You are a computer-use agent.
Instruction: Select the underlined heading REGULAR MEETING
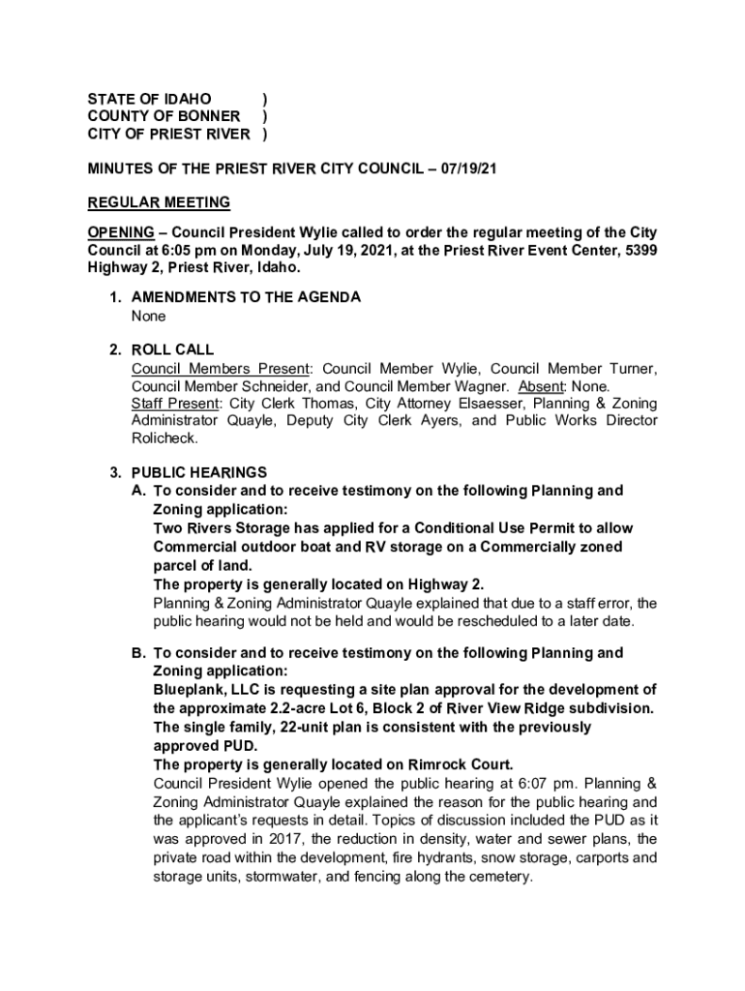coord(159,202)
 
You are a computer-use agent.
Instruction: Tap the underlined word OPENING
coord(121,232)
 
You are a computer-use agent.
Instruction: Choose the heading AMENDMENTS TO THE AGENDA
coord(246,297)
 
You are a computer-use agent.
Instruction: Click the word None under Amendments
coord(149,315)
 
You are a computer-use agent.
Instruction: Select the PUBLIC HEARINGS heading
coord(198,472)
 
